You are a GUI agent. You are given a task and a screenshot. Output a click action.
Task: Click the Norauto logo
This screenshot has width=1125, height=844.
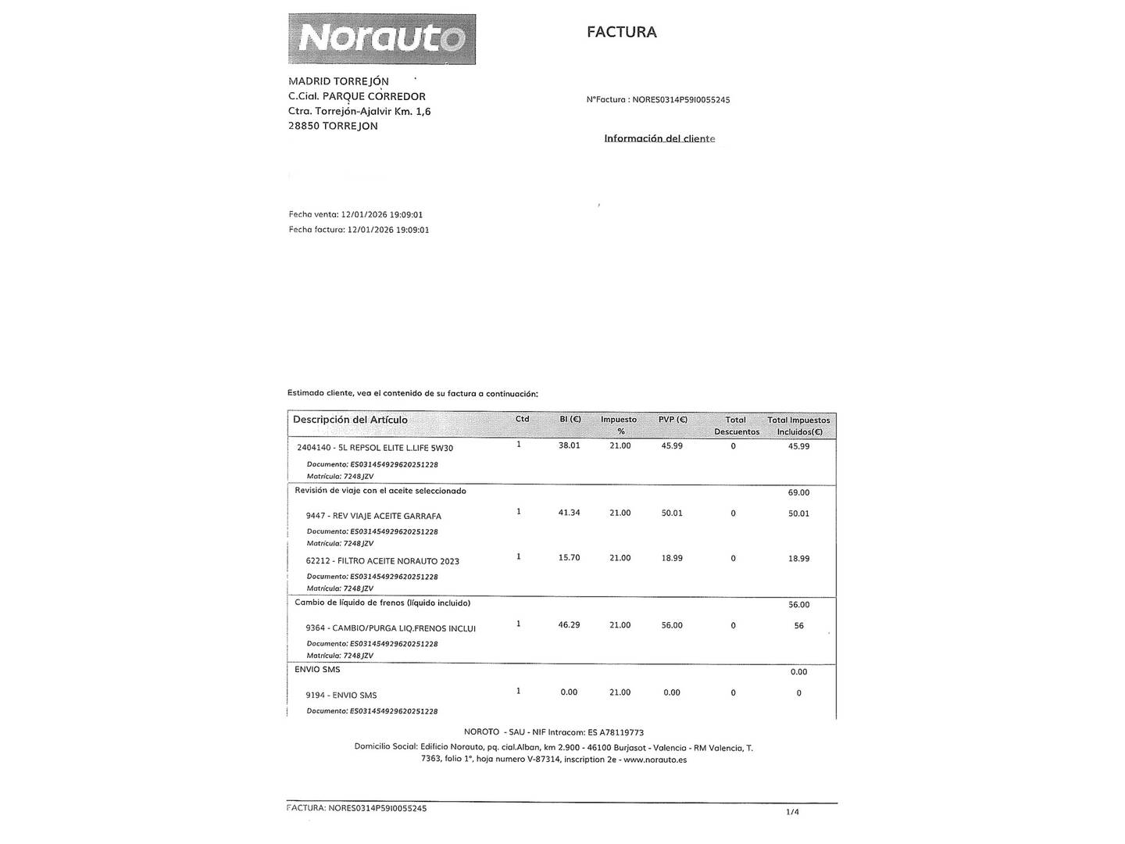(382, 38)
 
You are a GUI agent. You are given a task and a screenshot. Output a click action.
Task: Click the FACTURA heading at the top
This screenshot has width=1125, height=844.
(622, 32)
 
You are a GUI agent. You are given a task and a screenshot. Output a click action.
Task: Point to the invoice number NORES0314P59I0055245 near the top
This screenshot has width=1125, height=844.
(680, 100)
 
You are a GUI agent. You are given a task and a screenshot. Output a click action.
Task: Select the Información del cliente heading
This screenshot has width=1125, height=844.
(659, 138)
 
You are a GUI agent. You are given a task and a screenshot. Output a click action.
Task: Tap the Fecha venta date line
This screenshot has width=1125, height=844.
(355, 214)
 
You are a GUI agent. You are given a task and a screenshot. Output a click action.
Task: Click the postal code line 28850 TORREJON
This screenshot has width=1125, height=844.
(333, 126)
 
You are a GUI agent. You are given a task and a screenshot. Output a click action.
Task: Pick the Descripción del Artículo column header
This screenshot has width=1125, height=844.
(350, 420)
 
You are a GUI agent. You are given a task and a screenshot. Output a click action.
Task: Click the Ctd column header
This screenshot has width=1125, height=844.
(523, 419)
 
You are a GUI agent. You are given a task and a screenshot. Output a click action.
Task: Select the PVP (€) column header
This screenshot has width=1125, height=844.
(673, 420)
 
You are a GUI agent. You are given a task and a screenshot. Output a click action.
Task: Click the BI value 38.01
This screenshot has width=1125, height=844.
(569, 445)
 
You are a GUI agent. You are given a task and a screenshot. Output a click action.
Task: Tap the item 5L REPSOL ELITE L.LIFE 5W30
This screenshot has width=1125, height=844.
(375, 448)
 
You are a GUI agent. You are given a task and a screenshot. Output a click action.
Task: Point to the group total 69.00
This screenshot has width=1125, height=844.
(798, 492)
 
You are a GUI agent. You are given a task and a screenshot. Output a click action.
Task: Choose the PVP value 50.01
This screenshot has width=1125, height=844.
(672, 513)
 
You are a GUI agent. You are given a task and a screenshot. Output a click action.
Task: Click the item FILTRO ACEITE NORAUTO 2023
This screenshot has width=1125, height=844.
(383, 561)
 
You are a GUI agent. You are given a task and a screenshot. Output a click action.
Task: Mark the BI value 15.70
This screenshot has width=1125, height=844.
(569, 558)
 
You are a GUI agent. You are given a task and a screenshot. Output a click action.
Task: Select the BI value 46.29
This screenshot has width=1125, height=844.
(569, 625)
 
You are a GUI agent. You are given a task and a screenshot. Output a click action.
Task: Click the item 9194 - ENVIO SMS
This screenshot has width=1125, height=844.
(341, 695)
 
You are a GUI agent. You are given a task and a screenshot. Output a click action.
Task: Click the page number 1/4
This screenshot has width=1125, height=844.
(792, 812)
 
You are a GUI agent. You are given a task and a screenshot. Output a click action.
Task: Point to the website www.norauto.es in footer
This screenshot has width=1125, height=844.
(655, 760)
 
